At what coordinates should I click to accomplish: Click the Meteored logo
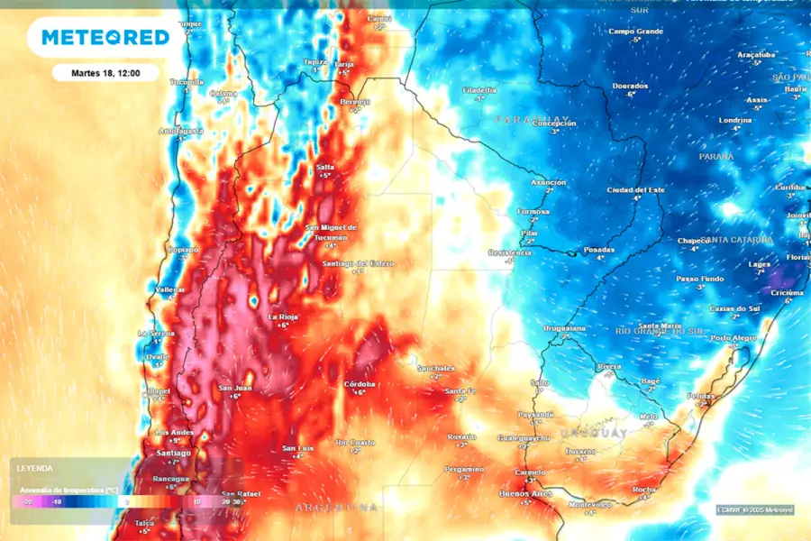click(105, 37)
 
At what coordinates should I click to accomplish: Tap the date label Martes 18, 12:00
click(106, 73)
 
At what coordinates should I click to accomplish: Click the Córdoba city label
click(360, 384)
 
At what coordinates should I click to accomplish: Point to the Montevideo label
click(589, 504)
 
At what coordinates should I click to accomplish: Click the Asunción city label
click(548, 182)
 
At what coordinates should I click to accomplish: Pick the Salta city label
click(325, 168)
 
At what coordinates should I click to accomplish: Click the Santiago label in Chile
click(173, 452)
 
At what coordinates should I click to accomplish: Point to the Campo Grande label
click(635, 32)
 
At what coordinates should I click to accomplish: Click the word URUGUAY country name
click(594, 434)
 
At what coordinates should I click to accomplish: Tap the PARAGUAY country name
click(532, 119)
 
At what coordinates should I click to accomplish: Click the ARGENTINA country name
click(337, 509)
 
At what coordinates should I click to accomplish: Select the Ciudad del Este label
click(636, 189)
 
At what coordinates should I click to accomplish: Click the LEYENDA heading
click(34, 468)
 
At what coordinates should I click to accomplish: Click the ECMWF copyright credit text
click(755, 510)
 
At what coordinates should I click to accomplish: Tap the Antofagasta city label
click(180, 131)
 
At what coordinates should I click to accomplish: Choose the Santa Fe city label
click(460, 390)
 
